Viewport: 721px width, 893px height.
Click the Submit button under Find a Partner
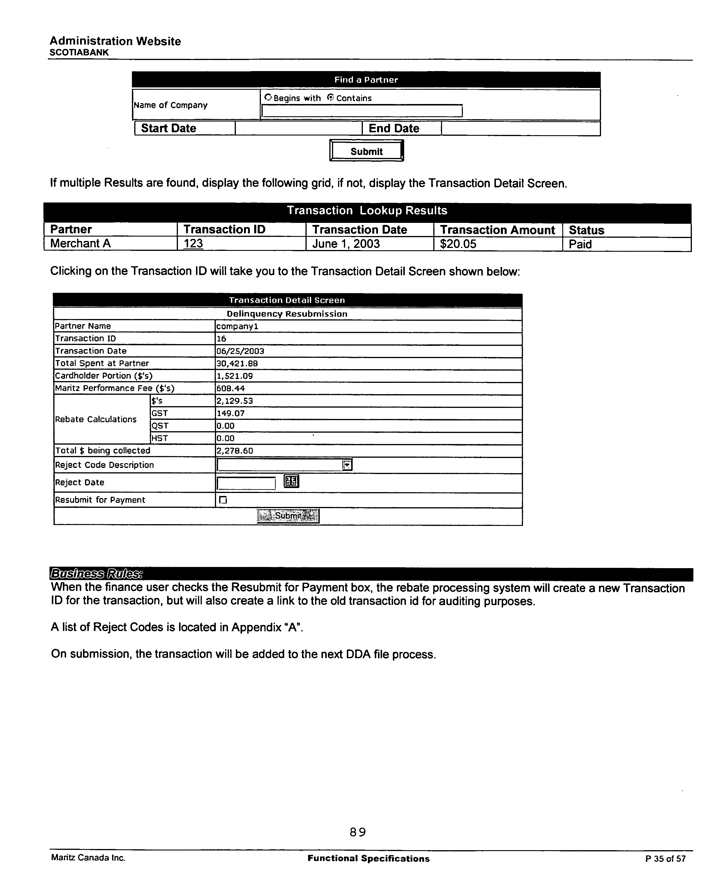click(x=366, y=151)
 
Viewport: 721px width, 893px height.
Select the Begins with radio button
click(x=268, y=98)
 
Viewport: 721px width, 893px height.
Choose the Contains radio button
click(x=331, y=98)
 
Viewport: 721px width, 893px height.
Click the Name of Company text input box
click(x=362, y=111)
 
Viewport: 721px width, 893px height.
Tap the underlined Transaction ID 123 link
click(x=193, y=244)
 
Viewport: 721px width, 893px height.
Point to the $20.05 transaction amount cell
click(x=458, y=244)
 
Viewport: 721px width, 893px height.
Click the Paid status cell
click(x=580, y=244)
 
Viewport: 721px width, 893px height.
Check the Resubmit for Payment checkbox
click(x=223, y=500)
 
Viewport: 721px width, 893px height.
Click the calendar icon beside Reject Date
click(x=291, y=481)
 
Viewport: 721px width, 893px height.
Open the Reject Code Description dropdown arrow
click(x=347, y=465)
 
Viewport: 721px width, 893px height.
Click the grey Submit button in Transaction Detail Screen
click(x=288, y=516)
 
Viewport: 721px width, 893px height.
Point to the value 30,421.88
click(x=237, y=364)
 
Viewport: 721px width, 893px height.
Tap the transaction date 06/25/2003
click(x=240, y=351)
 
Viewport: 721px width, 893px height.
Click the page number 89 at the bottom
click(x=358, y=832)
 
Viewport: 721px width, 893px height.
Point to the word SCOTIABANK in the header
click(x=79, y=53)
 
